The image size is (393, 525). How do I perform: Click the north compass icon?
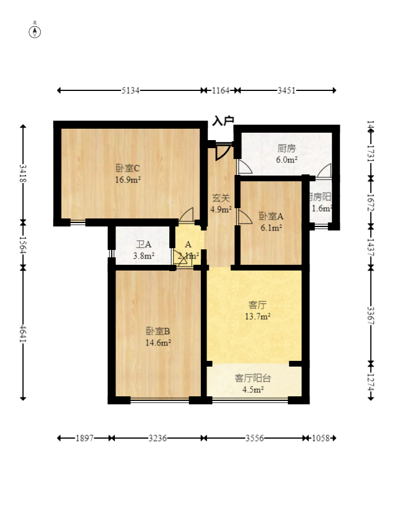pos(35,31)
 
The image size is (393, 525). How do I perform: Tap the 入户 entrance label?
pos(223,121)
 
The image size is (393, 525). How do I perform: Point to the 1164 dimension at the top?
pos(221,90)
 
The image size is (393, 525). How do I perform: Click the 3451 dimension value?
pos(287,90)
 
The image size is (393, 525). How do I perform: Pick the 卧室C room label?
pos(128,168)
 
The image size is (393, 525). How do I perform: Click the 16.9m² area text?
pos(128,179)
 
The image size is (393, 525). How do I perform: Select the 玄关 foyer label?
pos(221,198)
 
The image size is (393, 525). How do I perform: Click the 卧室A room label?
pos(271,216)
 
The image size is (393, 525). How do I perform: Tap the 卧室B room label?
pos(158,331)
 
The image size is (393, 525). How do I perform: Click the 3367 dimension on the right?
pos(371,316)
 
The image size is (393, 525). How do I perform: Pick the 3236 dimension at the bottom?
pos(158,438)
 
